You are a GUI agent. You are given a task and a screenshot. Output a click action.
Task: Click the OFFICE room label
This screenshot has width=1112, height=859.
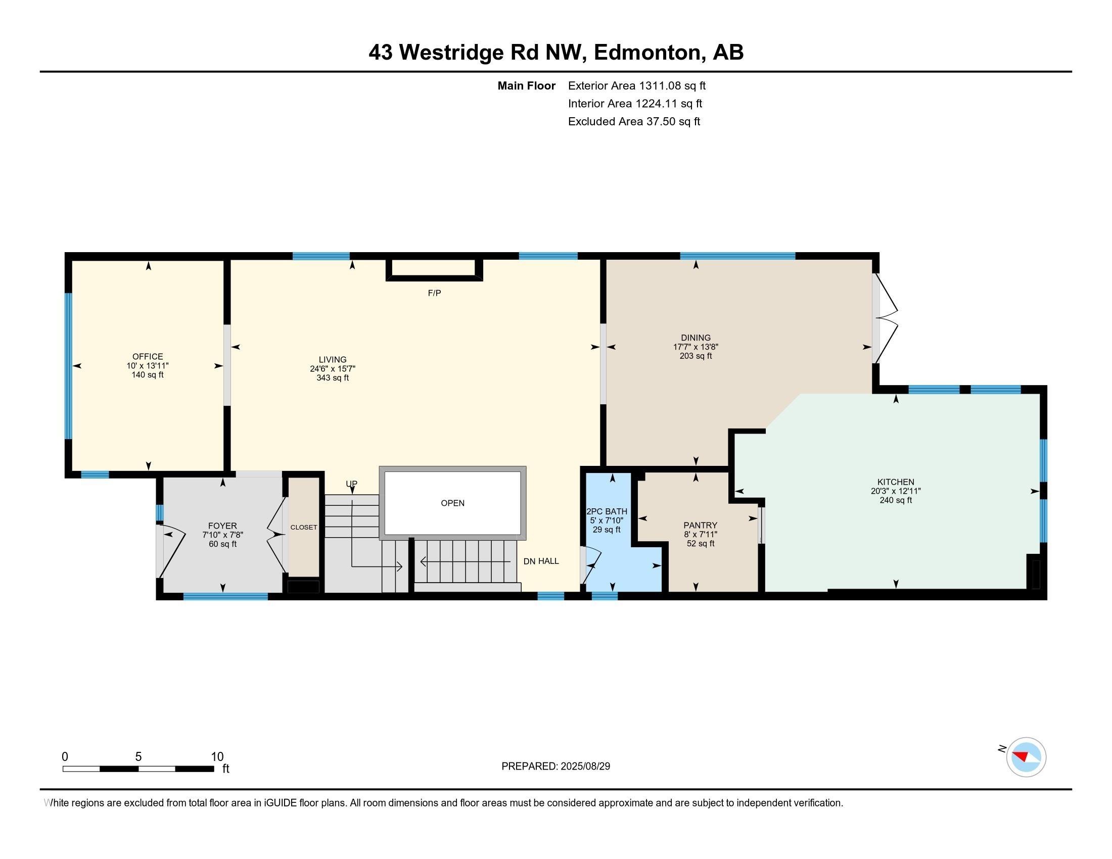pos(148,357)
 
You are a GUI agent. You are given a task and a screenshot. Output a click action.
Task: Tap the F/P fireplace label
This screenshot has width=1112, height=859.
pos(434,293)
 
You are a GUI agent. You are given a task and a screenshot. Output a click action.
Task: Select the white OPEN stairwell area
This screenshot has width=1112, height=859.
pos(453,503)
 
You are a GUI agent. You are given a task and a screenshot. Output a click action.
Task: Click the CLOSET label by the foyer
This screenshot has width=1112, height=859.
pos(304,527)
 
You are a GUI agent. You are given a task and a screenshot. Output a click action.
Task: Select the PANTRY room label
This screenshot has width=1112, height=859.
pos(700,525)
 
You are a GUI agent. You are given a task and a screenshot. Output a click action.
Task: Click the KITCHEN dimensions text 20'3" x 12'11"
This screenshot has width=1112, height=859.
pos(896,491)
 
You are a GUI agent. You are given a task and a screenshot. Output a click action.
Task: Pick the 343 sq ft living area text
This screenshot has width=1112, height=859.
pos(333,378)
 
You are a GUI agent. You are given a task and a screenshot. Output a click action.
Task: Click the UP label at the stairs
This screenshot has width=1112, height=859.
pos(351,484)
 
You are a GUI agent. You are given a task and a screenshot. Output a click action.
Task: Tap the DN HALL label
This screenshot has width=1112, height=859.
pos(541,561)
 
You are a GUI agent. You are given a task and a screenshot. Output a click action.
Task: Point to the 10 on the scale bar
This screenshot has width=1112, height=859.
pos(217,757)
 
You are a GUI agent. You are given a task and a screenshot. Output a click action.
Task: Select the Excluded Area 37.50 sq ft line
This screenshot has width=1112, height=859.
pos(634,122)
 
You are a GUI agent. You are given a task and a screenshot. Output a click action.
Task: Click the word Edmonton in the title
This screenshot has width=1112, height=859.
pos(646,53)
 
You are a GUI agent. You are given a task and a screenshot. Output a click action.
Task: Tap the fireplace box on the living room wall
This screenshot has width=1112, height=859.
pos(434,269)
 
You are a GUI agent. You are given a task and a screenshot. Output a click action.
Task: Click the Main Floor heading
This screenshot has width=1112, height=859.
pos(526,86)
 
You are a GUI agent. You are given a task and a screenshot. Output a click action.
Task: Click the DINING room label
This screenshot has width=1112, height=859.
pos(696,338)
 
